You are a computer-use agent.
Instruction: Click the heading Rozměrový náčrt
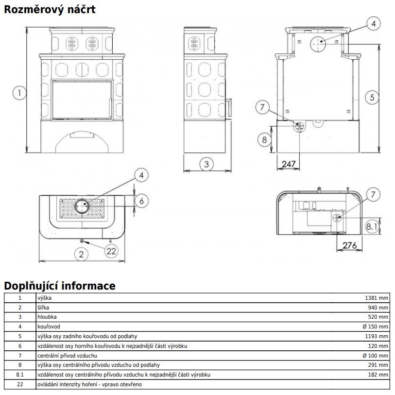click(x=50, y=10)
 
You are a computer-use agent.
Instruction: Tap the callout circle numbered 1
click(x=19, y=93)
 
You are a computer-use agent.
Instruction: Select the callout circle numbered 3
click(x=206, y=164)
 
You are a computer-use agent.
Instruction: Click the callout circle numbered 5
click(x=372, y=98)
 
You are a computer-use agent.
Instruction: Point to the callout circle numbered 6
click(x=141, y=201)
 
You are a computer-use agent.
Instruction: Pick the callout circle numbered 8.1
click(x=372, y=226)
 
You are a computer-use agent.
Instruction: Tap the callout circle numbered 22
click(x=111, y=251)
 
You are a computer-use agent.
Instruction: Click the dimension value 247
click(x=289, y=164)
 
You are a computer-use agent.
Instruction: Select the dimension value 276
click(x=350, y=245)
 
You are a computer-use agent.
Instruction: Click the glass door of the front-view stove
click(x=82, y=100)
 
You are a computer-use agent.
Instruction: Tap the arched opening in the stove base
click(x=82, y=142)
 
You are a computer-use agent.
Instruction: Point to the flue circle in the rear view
click(x=318, y=44)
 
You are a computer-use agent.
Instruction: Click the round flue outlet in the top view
click(x=82, y=206)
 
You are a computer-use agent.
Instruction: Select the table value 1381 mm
click(x=377, y=298)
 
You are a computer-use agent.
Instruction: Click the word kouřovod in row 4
click(x=49, y=326)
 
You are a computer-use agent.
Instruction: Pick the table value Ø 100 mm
click(x=375, y=356)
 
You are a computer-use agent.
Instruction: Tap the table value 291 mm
click(x=378, y=365)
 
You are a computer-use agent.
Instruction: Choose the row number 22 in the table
click(x=20, y=384)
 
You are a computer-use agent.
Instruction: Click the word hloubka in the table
click(x=47, y=317)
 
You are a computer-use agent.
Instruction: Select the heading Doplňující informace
click(x=60, y=286)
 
